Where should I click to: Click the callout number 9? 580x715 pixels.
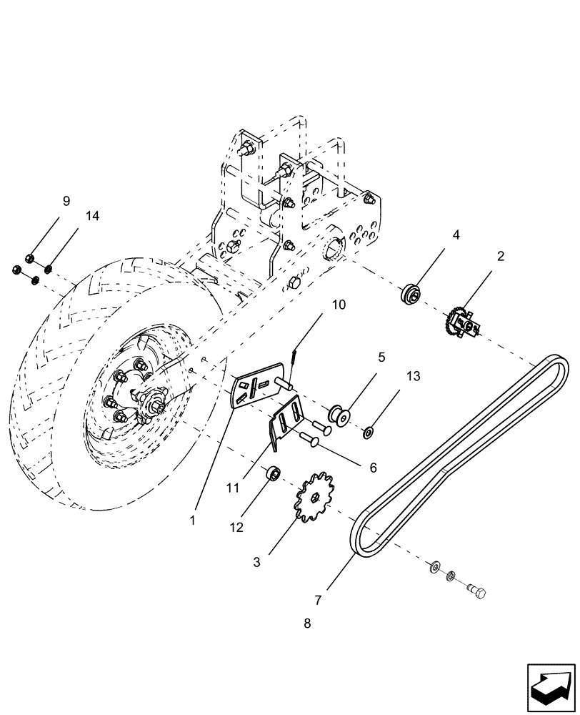tap(66, 201)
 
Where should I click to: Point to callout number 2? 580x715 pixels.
tap(501, 256)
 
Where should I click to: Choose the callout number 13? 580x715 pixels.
tap(394, 375)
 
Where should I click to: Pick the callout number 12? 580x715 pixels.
tap(236, 527)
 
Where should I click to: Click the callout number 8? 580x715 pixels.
tap(307, 623)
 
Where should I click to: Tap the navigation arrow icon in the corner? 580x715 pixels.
tap(550, 686)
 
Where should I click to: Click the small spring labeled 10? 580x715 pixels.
tap(294, 356)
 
